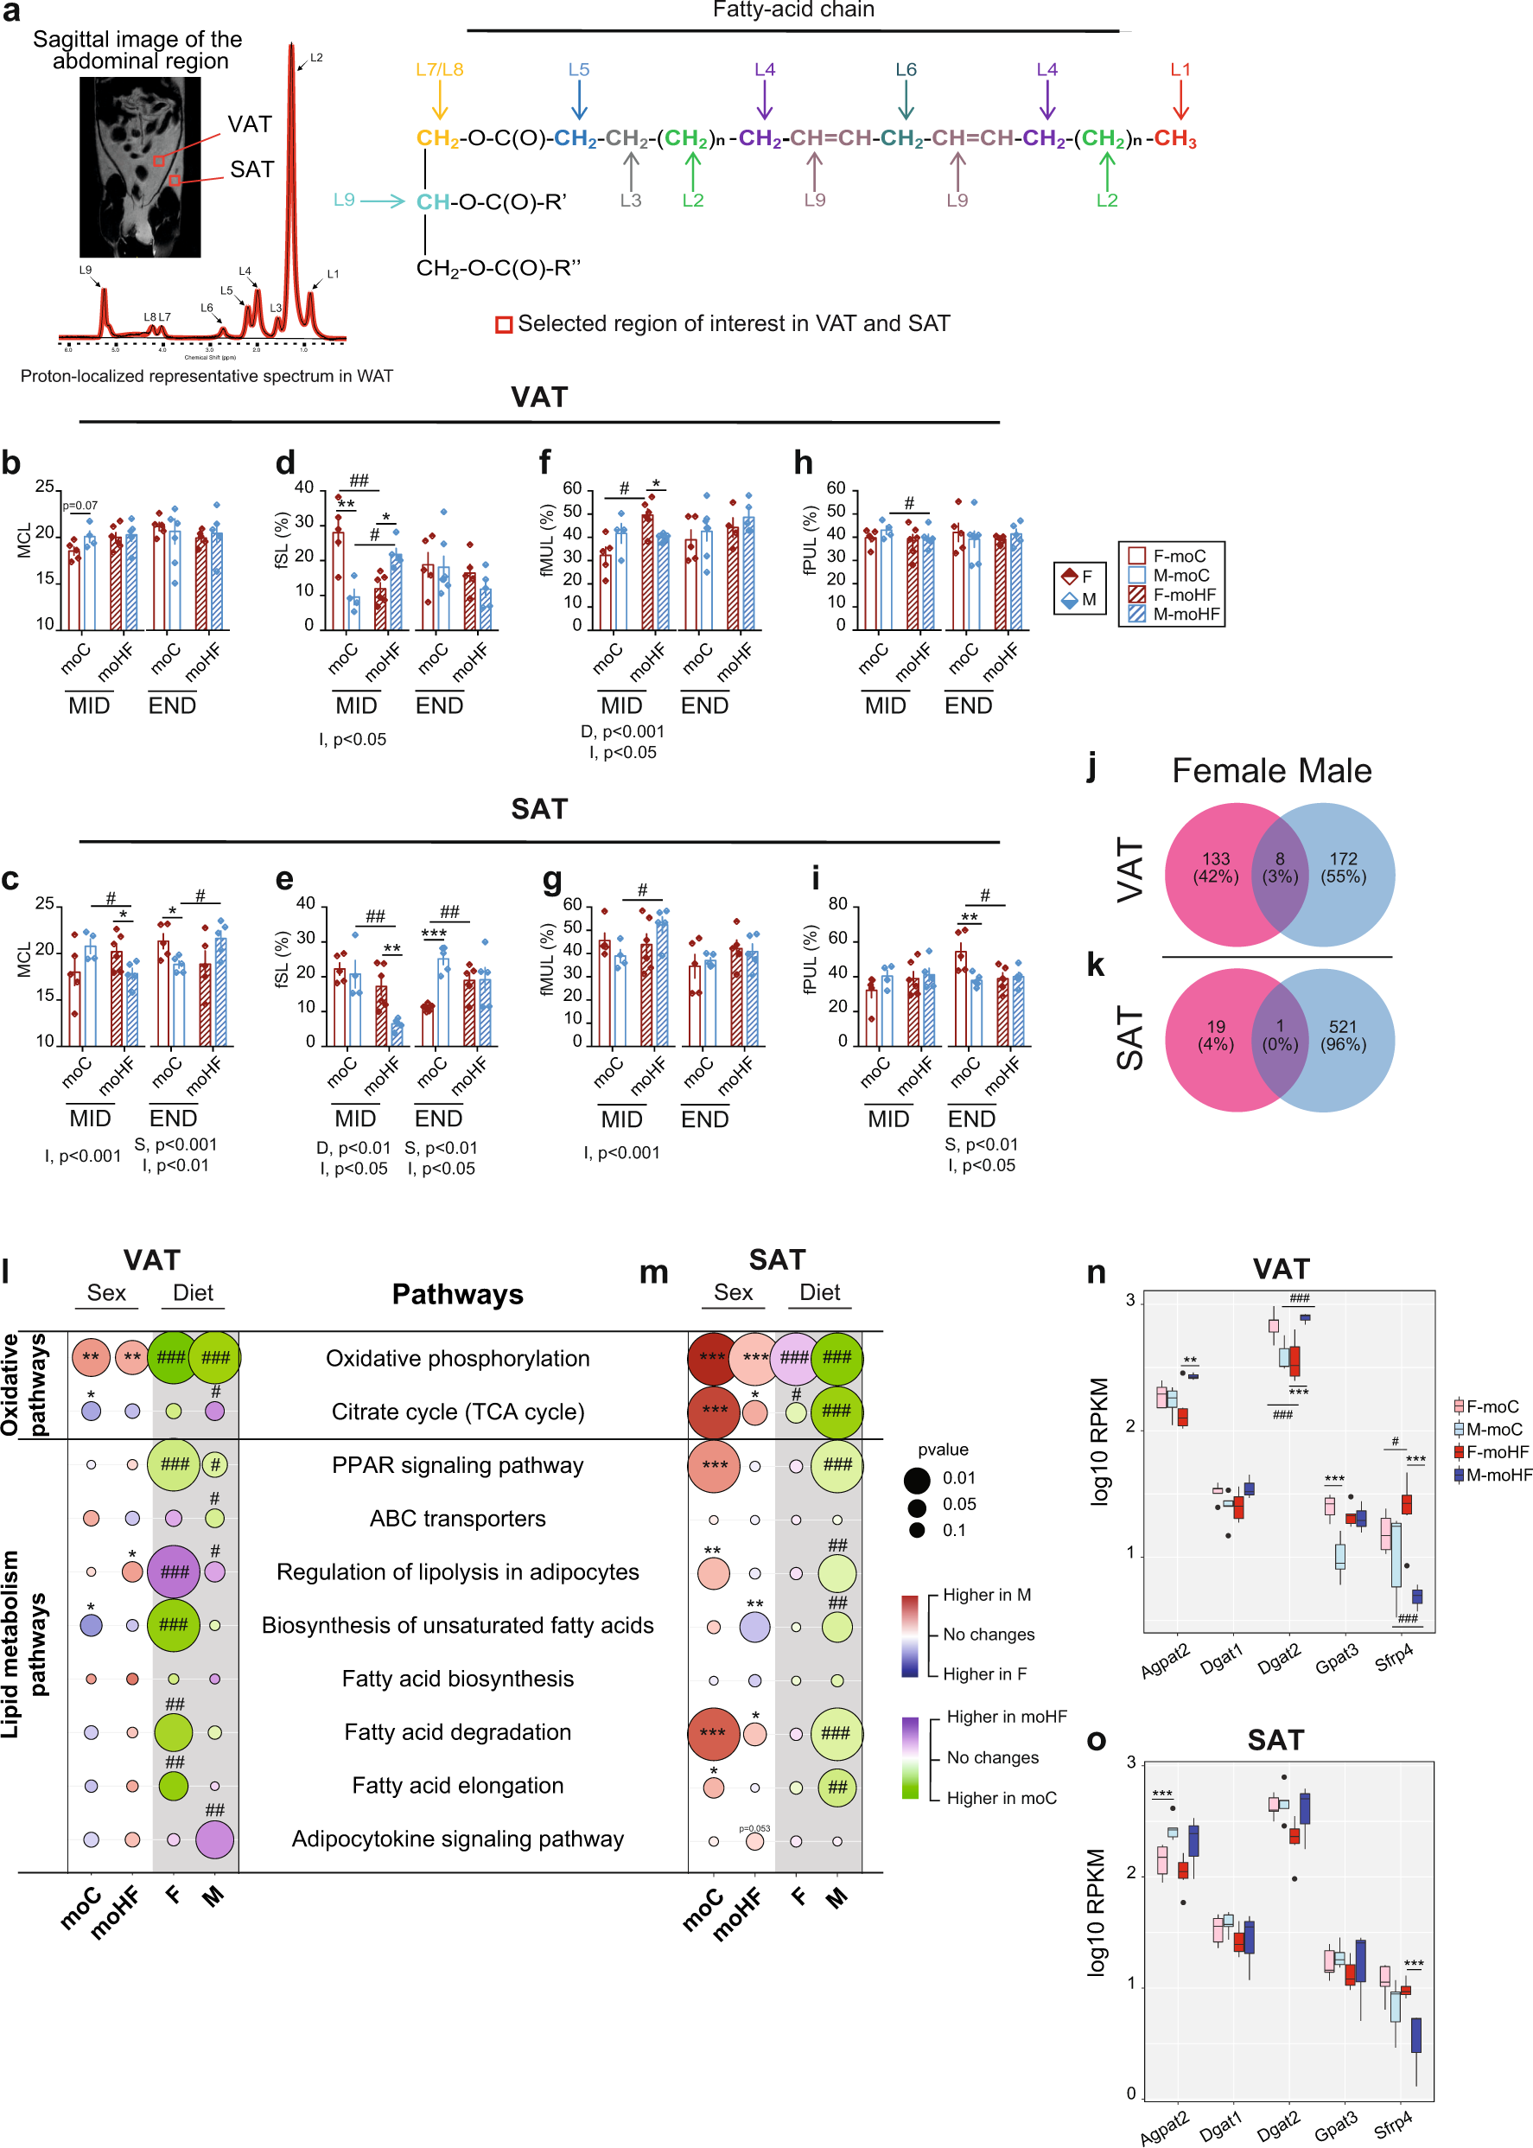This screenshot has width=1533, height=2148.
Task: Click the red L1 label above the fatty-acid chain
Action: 1180,70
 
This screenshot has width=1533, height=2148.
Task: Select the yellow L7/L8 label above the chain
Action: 439,70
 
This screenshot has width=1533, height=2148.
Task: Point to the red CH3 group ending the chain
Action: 1175,139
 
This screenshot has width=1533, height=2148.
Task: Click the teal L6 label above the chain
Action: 906,70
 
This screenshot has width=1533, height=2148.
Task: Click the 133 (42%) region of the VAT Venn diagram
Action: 1215,868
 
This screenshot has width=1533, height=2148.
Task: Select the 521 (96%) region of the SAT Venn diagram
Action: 1342,1035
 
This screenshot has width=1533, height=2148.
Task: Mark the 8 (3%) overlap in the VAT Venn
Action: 1280,868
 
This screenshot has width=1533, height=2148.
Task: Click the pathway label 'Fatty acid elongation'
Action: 458,1786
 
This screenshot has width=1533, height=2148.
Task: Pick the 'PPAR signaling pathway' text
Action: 458,1464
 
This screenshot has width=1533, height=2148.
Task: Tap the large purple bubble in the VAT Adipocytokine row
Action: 214,1839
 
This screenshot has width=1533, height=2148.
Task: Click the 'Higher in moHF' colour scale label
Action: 1006,1717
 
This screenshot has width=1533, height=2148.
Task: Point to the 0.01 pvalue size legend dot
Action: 917,1479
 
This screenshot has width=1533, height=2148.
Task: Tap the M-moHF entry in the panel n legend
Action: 1497,1475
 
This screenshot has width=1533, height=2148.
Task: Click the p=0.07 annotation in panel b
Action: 80,506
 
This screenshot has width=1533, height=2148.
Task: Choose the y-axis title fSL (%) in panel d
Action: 282,540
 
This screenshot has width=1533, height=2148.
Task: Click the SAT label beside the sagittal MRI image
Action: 252,170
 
